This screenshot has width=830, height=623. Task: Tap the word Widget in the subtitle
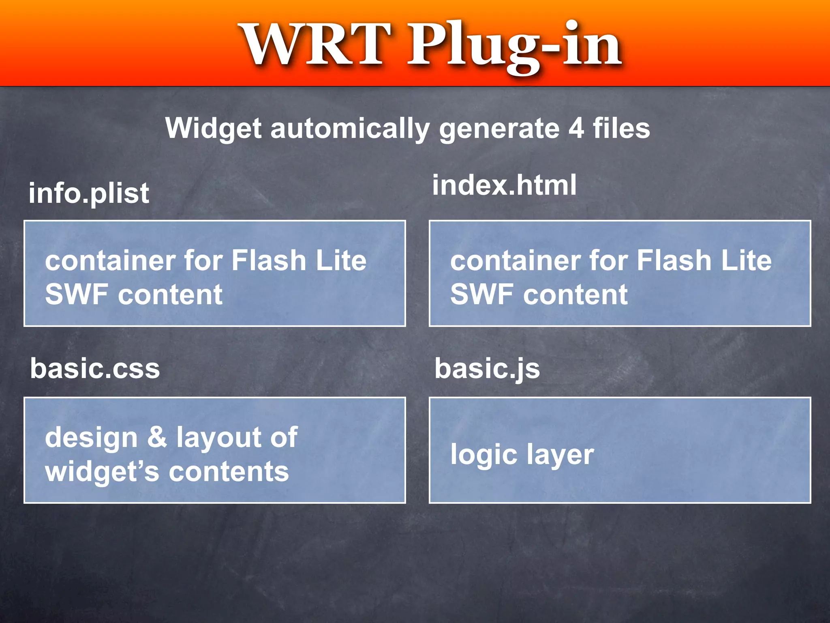click(213, 129)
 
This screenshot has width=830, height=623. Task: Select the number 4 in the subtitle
click(575, 128)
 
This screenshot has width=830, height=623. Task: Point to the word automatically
click(350, 129)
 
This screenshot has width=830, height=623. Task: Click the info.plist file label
click(89, 193)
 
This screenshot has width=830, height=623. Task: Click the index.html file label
click(504, 185)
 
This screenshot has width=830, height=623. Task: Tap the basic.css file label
click(95, 369)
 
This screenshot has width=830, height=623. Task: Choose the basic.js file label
click(487, 369)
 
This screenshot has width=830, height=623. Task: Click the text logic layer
click(522, 455)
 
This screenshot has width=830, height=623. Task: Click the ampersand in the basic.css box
click(157, 437)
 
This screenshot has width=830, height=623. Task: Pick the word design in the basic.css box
click(92, 438)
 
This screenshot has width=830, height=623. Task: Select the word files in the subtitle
click(621, 128)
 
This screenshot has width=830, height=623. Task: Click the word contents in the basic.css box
click(229, 472)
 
